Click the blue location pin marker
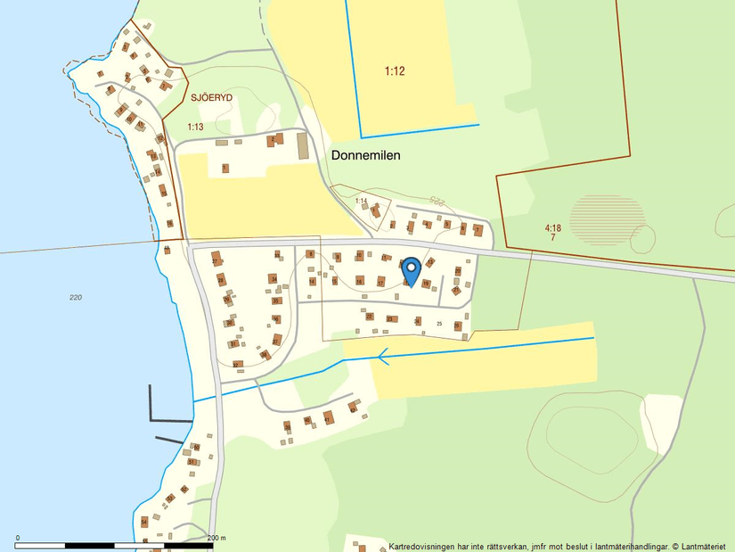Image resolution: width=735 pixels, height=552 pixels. point(411,268)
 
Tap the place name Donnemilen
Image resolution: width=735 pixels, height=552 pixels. point(365,155)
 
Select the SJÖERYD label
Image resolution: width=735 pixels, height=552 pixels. point(211,98)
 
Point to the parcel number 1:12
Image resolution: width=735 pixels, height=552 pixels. point(395,71)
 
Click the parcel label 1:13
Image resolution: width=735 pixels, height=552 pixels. point(195,128)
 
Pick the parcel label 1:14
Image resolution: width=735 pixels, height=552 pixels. point(361,202)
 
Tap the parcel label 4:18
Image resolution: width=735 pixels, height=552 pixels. point(553,228)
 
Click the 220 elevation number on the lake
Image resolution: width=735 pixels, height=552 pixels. point(75,297)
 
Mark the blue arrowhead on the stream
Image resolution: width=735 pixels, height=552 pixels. point(382,358)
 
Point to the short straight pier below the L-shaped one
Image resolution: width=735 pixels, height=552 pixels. point(169,440)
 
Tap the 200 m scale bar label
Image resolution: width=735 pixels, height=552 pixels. point(216,538)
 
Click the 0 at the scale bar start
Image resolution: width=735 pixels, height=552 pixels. point(18,538)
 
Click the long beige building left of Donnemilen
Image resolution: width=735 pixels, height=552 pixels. point(302,146)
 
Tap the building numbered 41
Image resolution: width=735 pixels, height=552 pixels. point(328,417)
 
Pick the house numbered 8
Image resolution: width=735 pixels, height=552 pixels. point(310,254)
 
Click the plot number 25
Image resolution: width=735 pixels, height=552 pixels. point(439,323)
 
